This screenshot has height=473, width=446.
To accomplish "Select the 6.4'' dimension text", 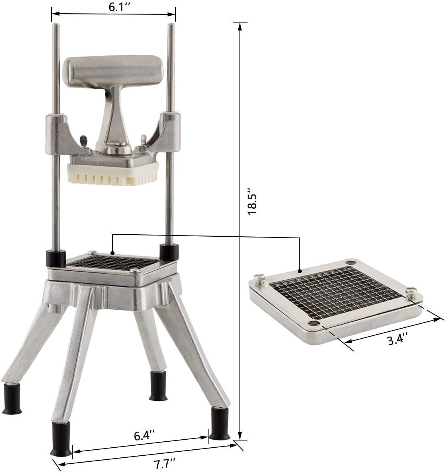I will click(x=142, y=435).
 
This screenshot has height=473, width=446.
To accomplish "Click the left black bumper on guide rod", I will click(x=55, y=257).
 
